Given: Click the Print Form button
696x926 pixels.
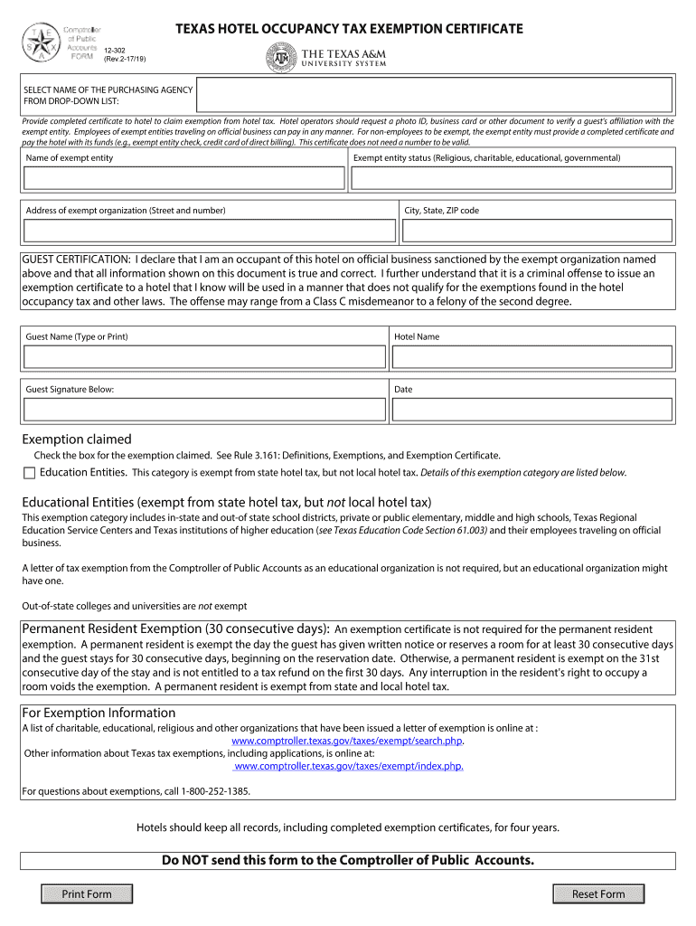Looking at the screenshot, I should click(87, 894).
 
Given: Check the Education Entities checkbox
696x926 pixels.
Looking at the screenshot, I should click(30, 473).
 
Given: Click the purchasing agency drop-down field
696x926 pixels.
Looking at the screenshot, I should click(434, 95).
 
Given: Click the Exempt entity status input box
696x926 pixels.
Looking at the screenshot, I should click(511, 178).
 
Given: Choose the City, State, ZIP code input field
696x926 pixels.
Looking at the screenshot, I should click(537, 231).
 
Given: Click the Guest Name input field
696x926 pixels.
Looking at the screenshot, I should click(205, 357).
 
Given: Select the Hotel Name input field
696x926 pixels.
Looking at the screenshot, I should click(532, 357).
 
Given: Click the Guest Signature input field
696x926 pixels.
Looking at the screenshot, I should click(205, 410).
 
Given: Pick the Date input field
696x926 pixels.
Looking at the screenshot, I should click(532, 410).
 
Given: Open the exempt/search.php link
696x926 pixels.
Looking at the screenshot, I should click(348, 741).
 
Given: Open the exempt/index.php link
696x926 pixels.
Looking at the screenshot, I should click(348, 766).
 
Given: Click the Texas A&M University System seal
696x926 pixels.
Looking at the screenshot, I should click(280, 57).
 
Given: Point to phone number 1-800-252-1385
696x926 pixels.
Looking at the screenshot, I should click(215, 791).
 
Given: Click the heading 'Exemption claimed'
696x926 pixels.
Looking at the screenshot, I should click(77, 439).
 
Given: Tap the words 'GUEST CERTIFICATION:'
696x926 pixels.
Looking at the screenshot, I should click(77, 260).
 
